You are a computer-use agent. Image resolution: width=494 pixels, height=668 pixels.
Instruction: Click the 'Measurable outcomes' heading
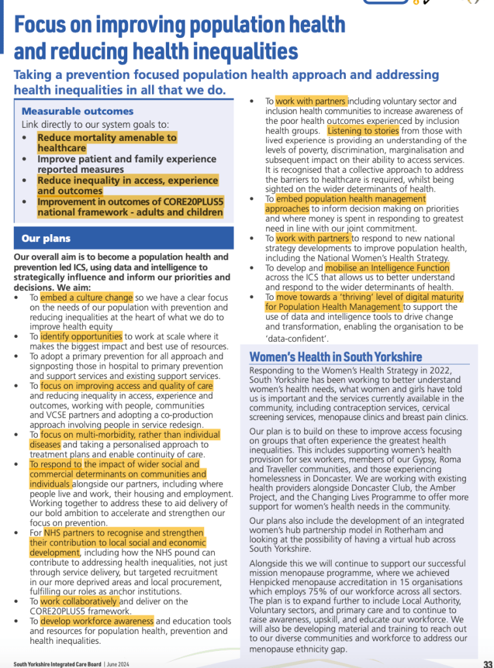78,111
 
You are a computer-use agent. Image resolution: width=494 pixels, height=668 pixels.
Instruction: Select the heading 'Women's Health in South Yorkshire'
335,356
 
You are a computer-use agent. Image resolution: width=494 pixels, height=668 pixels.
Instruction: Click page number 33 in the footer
487,664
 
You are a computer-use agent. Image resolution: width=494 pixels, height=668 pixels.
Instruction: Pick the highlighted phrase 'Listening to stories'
362,130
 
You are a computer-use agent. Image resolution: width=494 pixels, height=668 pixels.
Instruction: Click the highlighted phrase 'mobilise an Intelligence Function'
387,267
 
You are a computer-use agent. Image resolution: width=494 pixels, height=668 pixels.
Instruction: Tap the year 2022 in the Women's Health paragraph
450,370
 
